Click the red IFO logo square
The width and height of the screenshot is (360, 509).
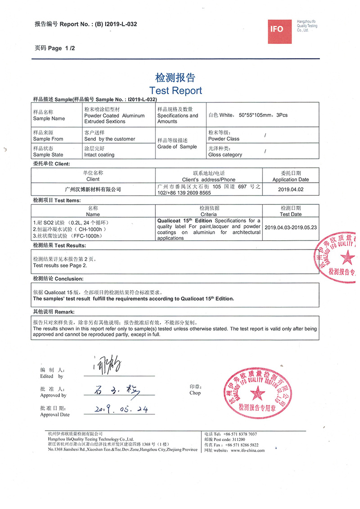coord(277,29)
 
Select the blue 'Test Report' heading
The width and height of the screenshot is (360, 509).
coord(175,90)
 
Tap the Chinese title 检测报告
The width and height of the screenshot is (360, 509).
coord(175,77)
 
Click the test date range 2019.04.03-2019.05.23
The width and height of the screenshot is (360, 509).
coord(291,227)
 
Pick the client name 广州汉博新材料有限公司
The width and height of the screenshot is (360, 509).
coord(94,190)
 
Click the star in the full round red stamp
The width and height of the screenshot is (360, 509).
coord(258,395)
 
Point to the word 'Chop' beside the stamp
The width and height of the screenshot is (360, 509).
coord(195,392)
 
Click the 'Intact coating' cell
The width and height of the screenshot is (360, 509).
coord(99,155)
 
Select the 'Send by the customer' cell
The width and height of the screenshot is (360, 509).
coord(110,139)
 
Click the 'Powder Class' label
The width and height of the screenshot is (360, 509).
coord(224,139)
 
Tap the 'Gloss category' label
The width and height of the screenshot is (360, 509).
coord(225,155)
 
